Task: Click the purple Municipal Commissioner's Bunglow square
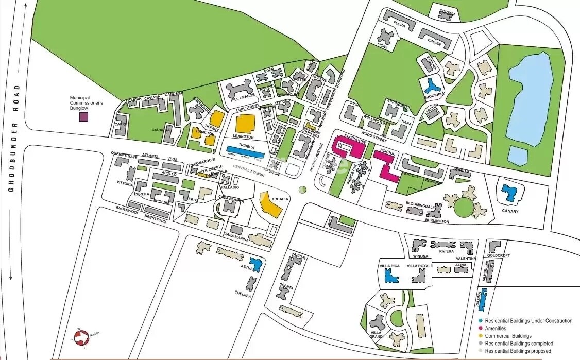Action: click(x=83, y=117)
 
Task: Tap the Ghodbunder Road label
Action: click(x=14, y=140)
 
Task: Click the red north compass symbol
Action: click(x=81, y=337)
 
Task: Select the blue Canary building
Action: click(x=510, y=193)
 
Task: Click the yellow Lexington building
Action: click(x=245, y=124)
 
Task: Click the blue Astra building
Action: click(x=255, y=264)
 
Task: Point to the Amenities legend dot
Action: click(x=481, y=328)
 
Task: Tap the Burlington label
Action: click(x=437, y=221)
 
